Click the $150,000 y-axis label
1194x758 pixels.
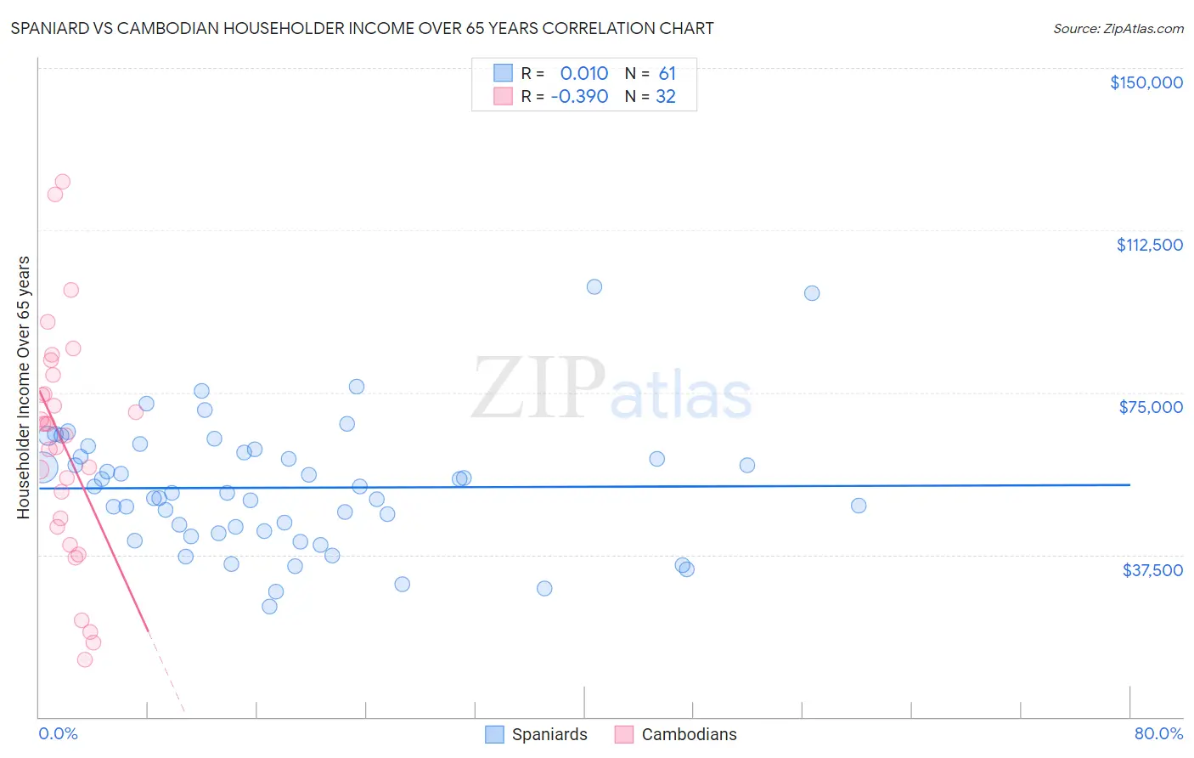click(1146, 82)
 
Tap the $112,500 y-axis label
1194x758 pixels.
click(1149, 245)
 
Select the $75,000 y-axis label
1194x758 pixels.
click(1151, 407)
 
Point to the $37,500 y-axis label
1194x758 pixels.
click(1152, 570)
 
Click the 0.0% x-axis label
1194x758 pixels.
click(58, 733)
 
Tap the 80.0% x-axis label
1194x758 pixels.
click(1158, 733)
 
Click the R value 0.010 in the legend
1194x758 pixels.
click(583, 74)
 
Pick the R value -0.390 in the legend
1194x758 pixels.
click(579, 97)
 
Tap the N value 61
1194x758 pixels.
click(667, 74)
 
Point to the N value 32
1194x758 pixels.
click(666, 97)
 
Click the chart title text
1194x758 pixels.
click(362, 28)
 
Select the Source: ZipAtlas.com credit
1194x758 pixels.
click(1118, 29)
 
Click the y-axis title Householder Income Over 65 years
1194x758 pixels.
click(24, 387)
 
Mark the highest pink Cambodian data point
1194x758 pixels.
click(62, 182)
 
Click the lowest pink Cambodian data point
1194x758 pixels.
click(85, 659)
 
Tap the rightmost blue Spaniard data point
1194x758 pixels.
click(859, 506)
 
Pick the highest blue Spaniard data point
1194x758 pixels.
click(594, 287)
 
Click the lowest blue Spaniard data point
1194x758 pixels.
click(269, 607)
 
